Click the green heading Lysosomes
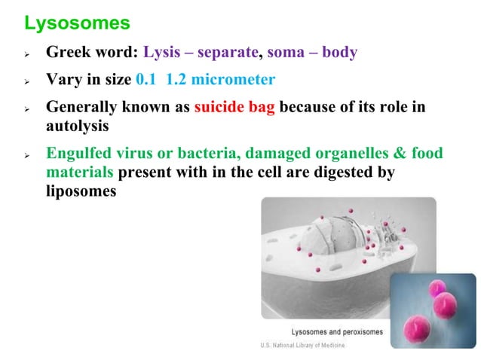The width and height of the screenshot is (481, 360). click(78, 23)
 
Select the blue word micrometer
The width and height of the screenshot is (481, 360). click(234, 80)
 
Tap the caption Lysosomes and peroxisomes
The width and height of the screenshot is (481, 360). click(337, 331)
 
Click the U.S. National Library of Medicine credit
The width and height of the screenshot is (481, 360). click(299, 346)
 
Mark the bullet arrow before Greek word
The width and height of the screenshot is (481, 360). click(28, 55)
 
